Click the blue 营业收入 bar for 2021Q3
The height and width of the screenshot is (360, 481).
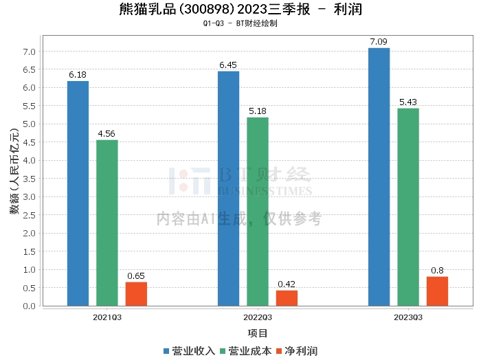78,193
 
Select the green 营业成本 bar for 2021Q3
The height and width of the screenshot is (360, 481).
107,223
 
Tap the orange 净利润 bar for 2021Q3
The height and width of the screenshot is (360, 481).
136,293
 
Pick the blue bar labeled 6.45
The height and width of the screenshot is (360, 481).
228,188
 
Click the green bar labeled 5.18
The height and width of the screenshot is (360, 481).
258,212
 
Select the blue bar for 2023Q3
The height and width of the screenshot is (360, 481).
379,177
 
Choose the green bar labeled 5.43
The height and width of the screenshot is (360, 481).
408,207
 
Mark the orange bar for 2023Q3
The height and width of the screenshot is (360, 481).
437,291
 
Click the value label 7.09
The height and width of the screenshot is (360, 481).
379,42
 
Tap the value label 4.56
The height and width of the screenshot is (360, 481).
107,134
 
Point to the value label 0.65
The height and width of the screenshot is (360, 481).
136,275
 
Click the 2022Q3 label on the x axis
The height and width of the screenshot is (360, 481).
258,317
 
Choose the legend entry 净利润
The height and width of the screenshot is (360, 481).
300,350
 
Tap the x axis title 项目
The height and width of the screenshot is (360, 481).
258,333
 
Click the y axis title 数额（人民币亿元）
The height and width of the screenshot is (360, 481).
14,172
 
